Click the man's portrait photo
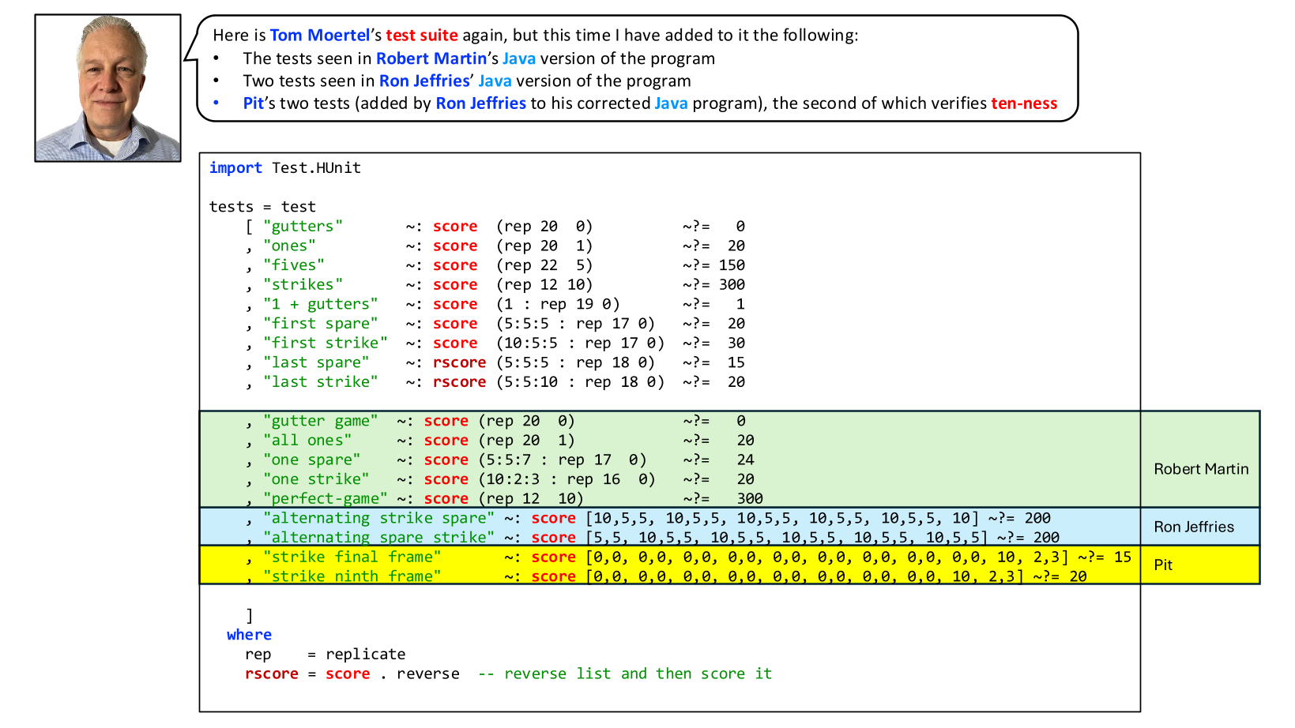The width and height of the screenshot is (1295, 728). point(108,88)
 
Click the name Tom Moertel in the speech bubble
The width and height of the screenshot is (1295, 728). point(320,36)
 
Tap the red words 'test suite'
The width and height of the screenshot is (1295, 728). point(422,36)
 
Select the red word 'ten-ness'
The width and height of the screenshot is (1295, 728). point(1024,103)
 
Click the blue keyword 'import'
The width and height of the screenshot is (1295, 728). point(235,168)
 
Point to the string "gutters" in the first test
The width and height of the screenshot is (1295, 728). point(303,227)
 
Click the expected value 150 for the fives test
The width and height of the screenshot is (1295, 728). point(732,265)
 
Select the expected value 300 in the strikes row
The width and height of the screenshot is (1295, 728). point(732,285)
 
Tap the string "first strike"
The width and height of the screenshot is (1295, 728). point(326,343)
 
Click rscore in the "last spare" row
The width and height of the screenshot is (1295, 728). point(460,363)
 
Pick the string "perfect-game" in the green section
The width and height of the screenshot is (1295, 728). point(326,498)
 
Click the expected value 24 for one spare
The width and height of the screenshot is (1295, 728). point(746,460)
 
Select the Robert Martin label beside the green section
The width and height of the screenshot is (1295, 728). point(1201,469)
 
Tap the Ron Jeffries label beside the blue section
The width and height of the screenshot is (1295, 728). point(1194,527)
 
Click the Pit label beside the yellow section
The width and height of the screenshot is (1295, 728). point(1163,565)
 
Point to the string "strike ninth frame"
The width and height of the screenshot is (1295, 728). point(352,576)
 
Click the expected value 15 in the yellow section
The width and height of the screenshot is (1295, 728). point(1123,557)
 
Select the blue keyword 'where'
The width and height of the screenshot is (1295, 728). point(249,635)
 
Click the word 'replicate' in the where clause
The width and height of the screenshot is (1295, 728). point(365,655)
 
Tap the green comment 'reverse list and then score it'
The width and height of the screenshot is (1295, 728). point(638,674)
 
